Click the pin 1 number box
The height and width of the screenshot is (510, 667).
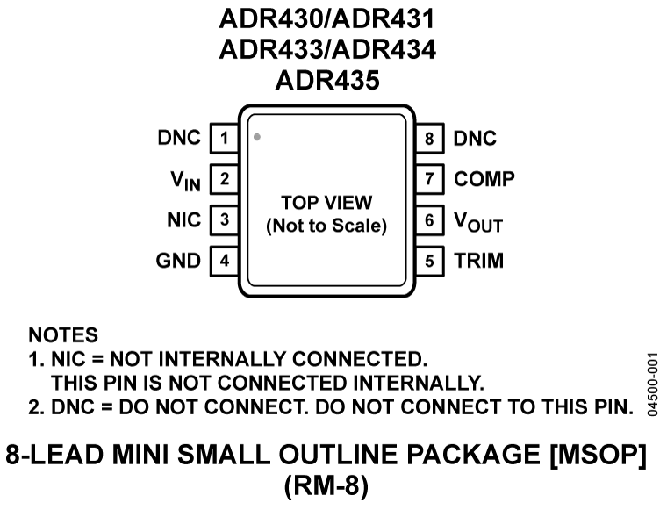[x=224, y=139]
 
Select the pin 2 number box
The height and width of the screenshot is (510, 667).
[x=224, y=180]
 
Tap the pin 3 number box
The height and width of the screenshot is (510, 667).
[x=224, y=220]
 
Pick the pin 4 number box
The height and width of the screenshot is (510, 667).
[x=224, y=261]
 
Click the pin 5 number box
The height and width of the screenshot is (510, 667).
[x=429, y=261]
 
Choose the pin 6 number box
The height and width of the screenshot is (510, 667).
[x=429, y=220]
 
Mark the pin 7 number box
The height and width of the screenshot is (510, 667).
[x=429, y=180]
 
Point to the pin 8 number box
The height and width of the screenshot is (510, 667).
[x=429, y=139]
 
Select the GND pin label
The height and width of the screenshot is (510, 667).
[x=178, y=261]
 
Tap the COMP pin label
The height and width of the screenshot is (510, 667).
[x=484, y=180]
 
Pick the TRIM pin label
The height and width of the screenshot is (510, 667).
[x=478, y=261]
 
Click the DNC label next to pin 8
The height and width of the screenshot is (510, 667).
[x=475, y=139]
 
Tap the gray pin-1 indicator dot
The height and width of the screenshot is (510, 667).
[x=256, y=137]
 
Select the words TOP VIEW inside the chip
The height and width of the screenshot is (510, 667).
[x=326, y=201]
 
